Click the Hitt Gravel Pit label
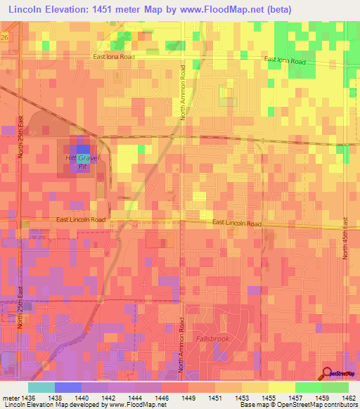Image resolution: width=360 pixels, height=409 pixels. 82,162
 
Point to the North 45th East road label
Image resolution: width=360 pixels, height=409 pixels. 345,238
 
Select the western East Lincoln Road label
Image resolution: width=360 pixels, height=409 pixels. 81,220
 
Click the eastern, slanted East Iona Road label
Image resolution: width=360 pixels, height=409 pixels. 285,61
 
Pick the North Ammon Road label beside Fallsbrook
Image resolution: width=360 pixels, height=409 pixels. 181,344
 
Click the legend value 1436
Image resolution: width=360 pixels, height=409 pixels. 28,397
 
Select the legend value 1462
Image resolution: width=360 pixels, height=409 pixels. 349,397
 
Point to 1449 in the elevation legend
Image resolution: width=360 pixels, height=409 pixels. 188,397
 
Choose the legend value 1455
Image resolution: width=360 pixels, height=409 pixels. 269,397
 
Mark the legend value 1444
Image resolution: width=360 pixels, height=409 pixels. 135,397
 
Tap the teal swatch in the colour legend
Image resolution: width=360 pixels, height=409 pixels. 41,387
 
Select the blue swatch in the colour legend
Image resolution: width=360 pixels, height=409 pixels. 67,387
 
